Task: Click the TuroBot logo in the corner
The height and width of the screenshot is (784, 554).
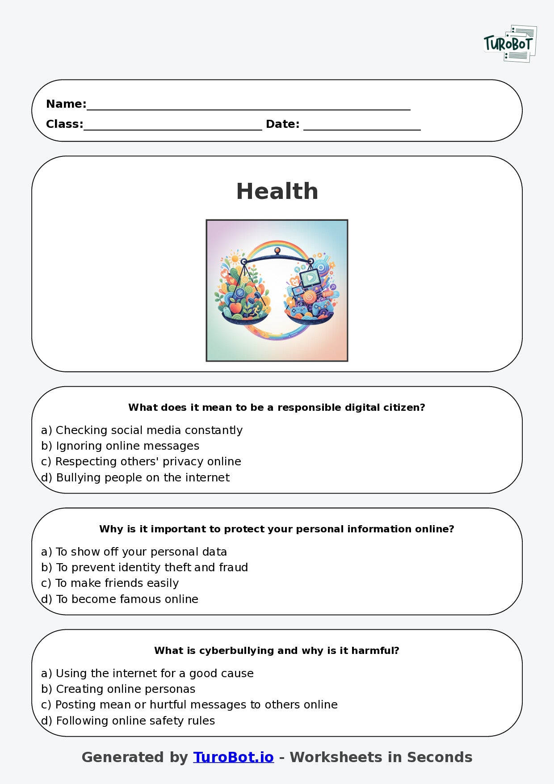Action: (510, 44)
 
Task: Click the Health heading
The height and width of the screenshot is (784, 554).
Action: (277, 191)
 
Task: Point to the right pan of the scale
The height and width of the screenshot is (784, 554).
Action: (309, 318)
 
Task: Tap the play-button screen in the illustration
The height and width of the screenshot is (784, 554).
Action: (310, 278)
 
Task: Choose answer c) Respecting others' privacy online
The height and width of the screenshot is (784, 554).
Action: (141, 461)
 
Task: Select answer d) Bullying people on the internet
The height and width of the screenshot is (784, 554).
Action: (135, 477)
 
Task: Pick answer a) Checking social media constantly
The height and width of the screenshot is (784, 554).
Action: (142, 430)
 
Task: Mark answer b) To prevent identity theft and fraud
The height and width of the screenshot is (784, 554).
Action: (144, 567)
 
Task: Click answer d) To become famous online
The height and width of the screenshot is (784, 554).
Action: (120, 599)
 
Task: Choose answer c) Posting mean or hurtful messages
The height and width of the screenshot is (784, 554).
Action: (189, 704)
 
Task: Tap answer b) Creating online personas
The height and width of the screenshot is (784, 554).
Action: (118, 689)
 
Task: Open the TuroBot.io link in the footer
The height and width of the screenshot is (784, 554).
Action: (233, 757)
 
